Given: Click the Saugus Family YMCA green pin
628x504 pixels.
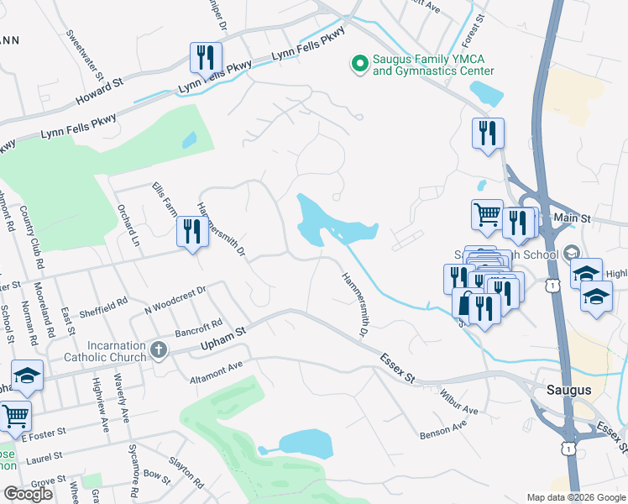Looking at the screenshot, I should tap(359, 63).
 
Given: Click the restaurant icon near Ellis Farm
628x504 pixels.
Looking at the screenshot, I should tap(191, 232).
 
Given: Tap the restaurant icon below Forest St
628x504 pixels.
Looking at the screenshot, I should tap(487, 133).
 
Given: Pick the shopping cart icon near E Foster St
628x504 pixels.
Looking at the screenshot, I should tap(14, 415).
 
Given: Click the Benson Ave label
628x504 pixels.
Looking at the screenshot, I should tap(443, 431).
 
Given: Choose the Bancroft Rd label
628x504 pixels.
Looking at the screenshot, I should tap(198, 327).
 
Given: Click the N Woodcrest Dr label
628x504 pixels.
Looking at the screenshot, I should tap(175, 300).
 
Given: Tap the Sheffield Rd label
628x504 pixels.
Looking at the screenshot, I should tap(104, 306).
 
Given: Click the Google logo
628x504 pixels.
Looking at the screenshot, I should tap(29, 493).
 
